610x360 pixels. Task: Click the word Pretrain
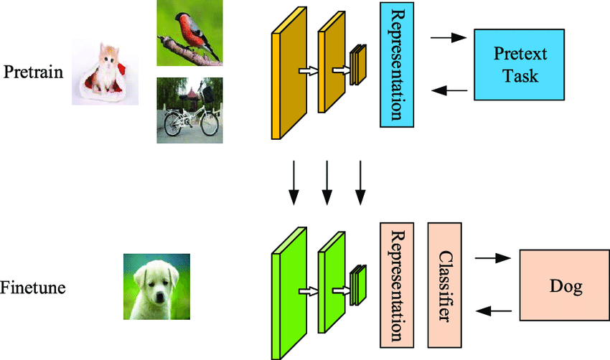pyautogui.click(x=33, y=72)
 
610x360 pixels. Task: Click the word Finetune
pyautogui.click(x=33, y=288)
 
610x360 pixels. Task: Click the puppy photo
pyautogui.click(x=156, y=287)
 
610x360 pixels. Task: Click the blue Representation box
pyautogui.click(x=397, y=64)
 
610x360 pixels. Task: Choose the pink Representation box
pyautogui.click(x=397, y=283)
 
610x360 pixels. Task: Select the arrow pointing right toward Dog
pyautogui.click(x=492, y=257)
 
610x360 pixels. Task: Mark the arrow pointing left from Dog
pyautogui.click(x=494, y=311)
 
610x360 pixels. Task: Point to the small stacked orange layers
pyautogui.click(x=358, y=65)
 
